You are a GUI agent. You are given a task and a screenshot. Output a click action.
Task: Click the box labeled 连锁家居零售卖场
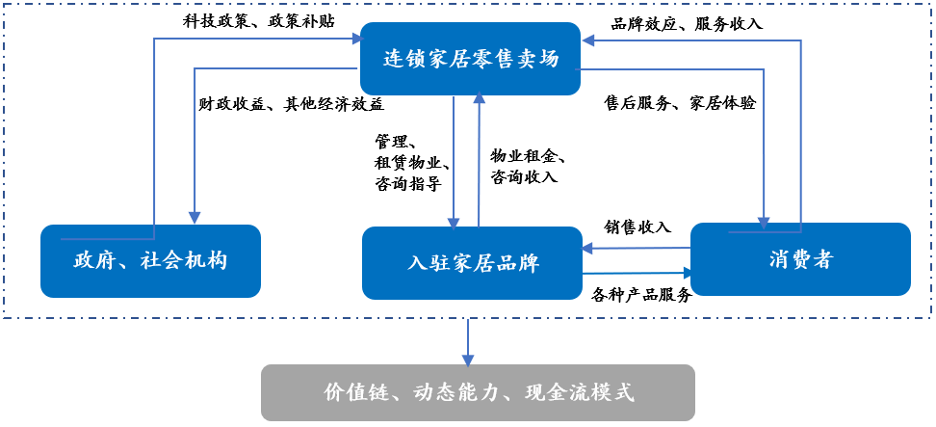[x=471, y=59]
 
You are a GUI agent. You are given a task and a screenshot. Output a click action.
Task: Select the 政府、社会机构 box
[x=150, y=260]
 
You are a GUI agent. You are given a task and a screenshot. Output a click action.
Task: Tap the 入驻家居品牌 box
[x=472, y=263]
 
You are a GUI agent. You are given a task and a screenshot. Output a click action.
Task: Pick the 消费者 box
[x=800, y=258]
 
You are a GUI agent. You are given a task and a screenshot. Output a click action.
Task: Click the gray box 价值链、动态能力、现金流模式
[x=478, y=392]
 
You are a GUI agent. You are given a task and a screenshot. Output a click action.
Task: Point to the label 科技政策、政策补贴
[x=258, y=20]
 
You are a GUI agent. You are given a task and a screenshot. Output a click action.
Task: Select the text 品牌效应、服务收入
[x=687, y=23]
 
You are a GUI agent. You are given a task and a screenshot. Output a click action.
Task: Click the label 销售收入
[x=637, y=227]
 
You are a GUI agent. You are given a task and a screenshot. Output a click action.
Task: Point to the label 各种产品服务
[x=642, y=295]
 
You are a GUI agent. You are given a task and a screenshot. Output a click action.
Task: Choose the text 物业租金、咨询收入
[x=529, y=166]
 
